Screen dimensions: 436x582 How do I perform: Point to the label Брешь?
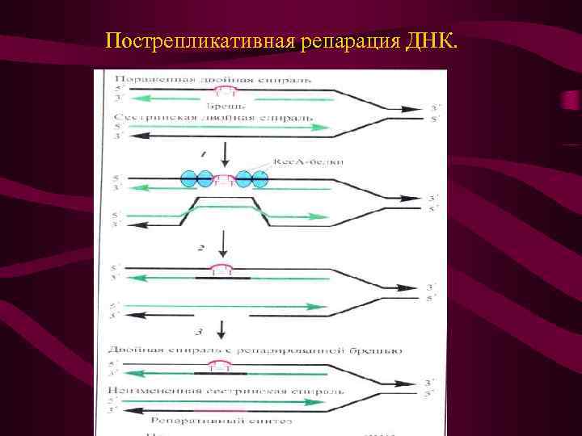[222, 106]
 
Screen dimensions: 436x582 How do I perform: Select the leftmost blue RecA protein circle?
[188, 178]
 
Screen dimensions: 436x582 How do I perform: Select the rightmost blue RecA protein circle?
[259, 178]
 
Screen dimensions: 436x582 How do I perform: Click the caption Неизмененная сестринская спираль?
[227, 391]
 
